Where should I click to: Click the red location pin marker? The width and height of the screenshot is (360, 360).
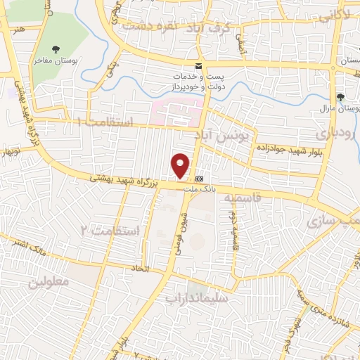click(181, 166)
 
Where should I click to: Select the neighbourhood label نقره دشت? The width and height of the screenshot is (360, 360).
click(148, 25)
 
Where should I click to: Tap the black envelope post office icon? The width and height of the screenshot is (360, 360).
click(198, 65)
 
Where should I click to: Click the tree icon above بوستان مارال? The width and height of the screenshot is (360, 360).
click(341, 97)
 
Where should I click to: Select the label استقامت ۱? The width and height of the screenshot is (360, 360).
click(106, 122)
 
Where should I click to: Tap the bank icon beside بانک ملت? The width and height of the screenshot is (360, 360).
click(200, 179)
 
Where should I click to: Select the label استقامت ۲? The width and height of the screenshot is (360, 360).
click(110, 230)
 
